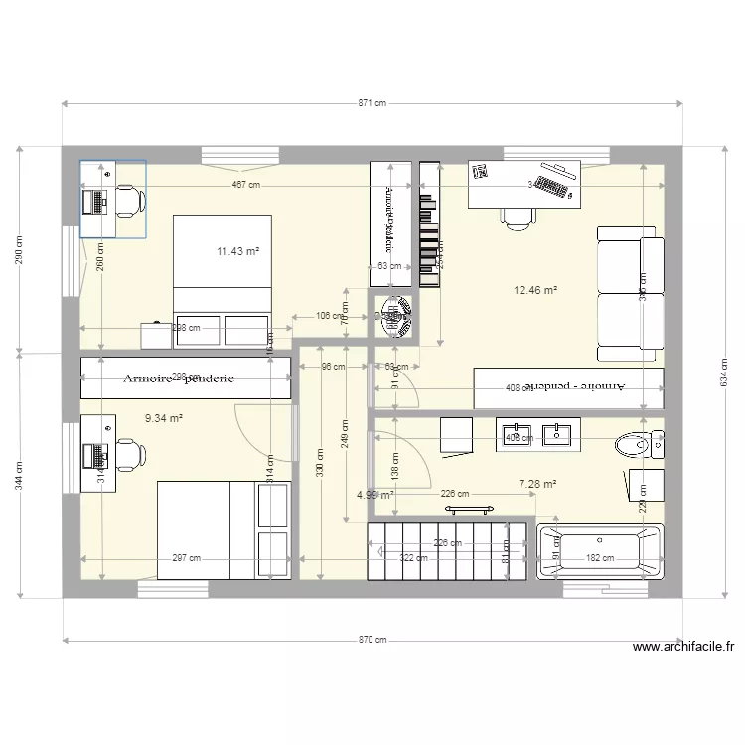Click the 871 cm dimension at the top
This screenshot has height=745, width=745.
372,103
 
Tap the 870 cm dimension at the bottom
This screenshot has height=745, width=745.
372,640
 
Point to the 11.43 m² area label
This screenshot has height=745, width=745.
237,252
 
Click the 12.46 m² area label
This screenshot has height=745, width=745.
534,291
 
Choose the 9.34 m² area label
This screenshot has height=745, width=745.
163,419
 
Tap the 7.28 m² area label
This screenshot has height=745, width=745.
536,484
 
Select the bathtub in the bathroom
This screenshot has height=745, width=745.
599,551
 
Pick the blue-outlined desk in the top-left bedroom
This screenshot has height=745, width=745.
112,199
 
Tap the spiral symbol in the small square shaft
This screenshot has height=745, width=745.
396,317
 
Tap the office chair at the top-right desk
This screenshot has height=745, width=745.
517,216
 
